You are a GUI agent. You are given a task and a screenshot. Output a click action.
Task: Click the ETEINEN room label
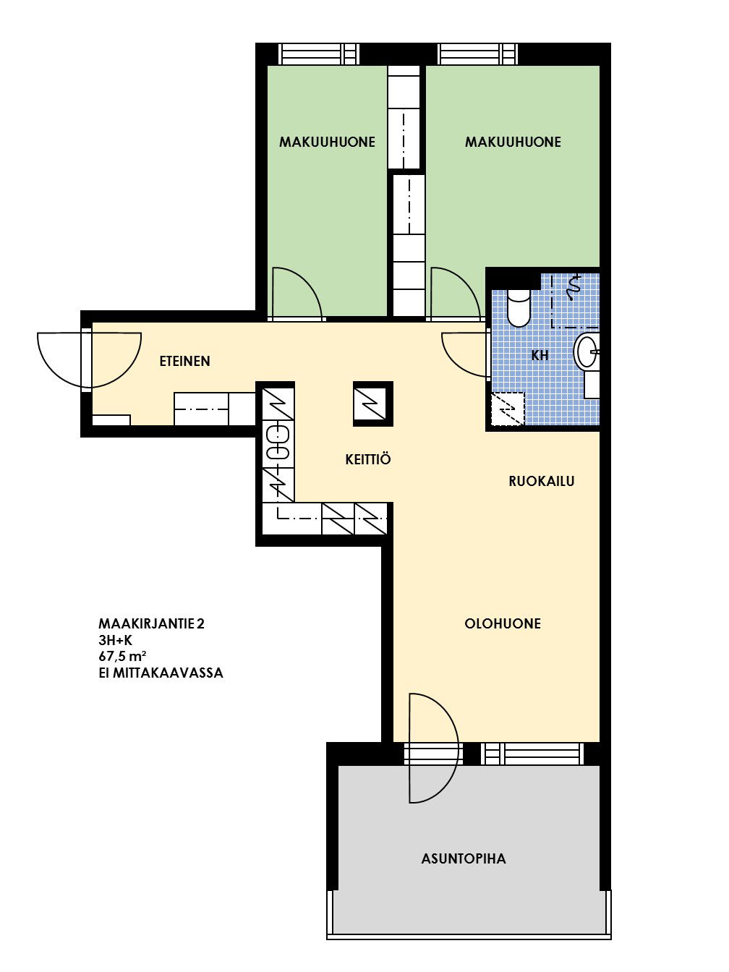pyautogui.click(x=184, y=361)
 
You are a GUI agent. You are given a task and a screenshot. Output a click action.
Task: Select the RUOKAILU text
pyautogui.click(x=542, y=481)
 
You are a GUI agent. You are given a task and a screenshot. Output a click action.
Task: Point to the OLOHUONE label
pyautogui.click(x=503, y=623)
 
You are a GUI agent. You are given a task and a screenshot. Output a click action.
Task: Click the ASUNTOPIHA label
pyautogui.click(x=464, y=858)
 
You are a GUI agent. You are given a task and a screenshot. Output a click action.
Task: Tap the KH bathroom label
pyautogui.click(x=540, y=355)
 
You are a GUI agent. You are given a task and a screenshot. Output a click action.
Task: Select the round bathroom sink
pyautogui.click(x=586, y=351)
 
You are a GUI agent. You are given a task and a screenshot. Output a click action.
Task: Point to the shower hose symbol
pyautogui.click(x=574, y=287)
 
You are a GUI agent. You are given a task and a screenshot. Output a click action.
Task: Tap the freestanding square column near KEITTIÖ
pyautogui.click(x=372, y=404)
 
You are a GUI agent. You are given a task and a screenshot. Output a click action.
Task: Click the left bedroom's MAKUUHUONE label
pyautogui.click(x=327, y=142)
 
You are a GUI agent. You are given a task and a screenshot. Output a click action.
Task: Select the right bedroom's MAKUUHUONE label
pyautogui.click(x=513, y=142)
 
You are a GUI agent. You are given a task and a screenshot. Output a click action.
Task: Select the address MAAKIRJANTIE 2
pyautogui.click(x=151, y=623)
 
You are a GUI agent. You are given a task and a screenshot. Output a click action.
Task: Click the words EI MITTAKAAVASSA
pyautogui.click(x=161, y=673)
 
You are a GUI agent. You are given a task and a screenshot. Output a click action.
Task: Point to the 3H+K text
pyautogui.click(x=116, y=640)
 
